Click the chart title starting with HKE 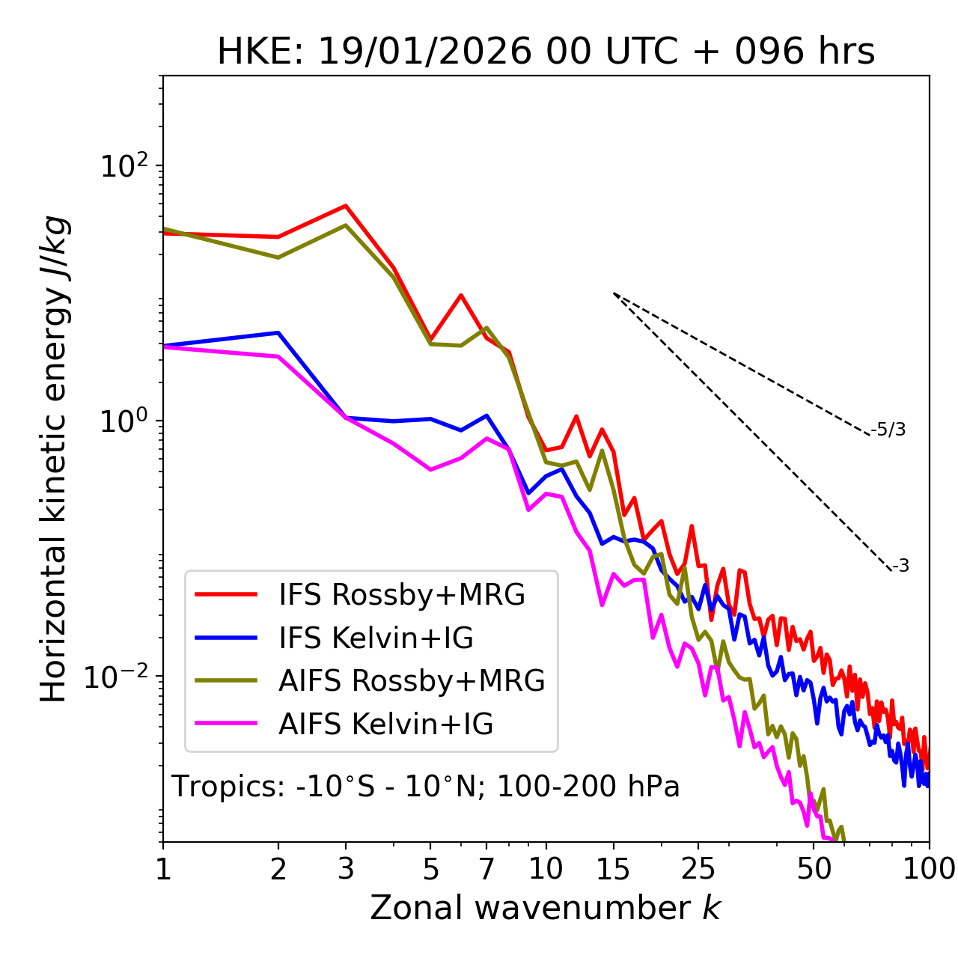(x=546, y=52)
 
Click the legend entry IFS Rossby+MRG (x=401, y=595)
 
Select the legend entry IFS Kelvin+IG (x=376, y=638)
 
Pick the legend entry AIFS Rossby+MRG (x=412, y=681)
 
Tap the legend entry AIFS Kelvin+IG (x=385, y=724)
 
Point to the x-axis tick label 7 (x=486, y=869)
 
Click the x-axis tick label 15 (x=614, y=869)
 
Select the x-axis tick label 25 (x=698, y=869)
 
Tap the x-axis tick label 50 (x=814, y=869)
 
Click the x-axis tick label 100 (x=928, y=869)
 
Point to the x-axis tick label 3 (x=345, y=869)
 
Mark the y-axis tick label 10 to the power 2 (x=123, y=166)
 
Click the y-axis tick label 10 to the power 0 (x=123, y=421)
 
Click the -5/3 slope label (x=888, y=430)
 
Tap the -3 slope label (x=900, y=567)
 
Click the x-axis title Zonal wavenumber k (x=546, y=908)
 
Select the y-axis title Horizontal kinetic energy (x=54, y=459)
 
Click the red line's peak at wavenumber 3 (x=346, y=205)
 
